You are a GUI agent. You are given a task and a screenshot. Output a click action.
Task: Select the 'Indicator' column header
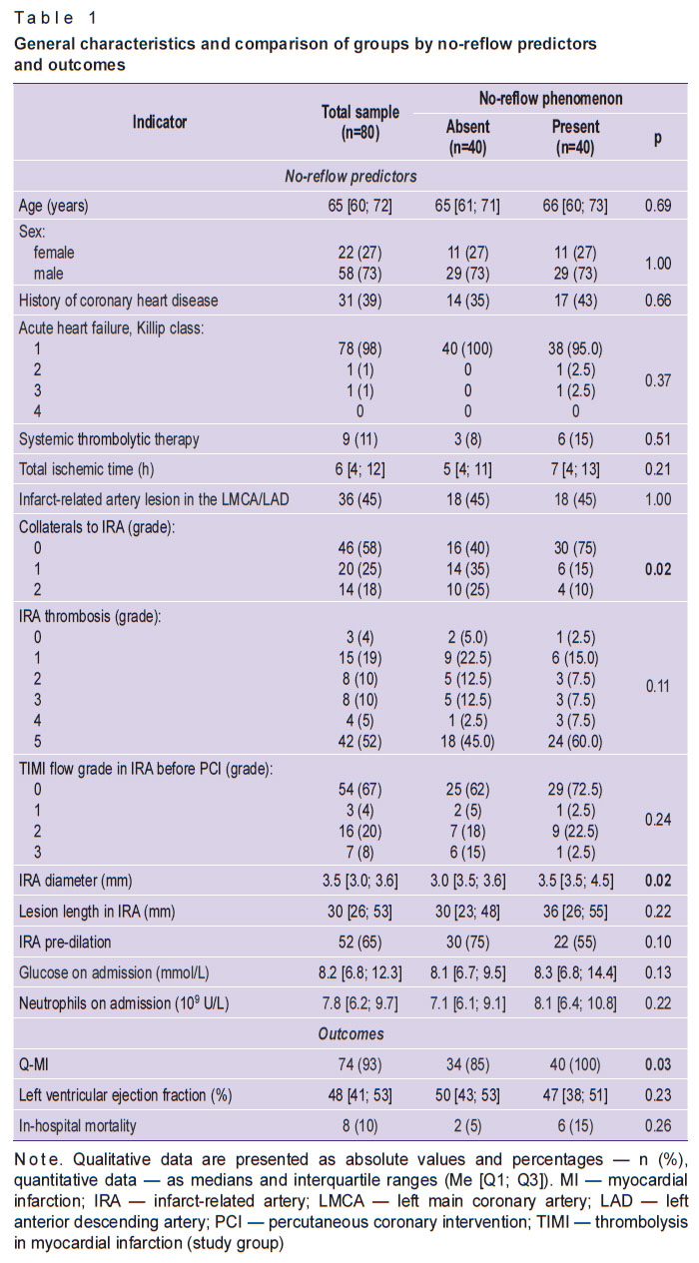(160, 122)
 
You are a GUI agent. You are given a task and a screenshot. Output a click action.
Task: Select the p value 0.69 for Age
(657, 207)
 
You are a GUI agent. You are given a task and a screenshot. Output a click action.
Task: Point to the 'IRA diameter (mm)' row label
(74, 882)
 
